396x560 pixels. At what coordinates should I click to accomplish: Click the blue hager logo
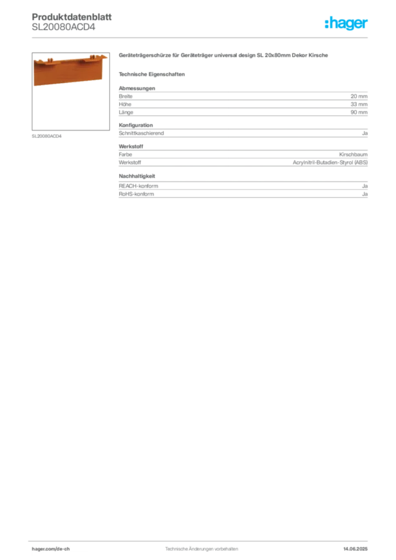(347, 24)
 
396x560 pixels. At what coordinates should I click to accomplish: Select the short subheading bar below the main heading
(153, 74)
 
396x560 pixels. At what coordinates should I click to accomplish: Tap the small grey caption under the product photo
(48, 136)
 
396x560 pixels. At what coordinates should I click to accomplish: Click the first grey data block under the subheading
(243, 101)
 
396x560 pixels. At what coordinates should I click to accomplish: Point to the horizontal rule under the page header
(201, 37)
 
